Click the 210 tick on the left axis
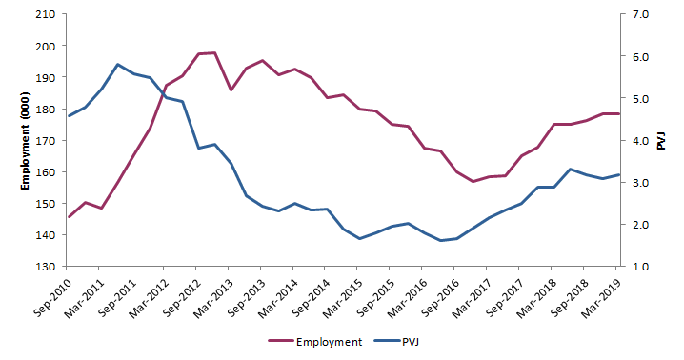tap(44, 15)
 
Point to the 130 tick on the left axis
tap(44, 267)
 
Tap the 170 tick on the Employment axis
tap(44, 141)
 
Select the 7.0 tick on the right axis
tap(637, 15)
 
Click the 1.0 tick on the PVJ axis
tap(637, 267)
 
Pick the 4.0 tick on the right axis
tap(637, 141)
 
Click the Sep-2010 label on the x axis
tap(53, 294)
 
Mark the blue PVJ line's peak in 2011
tap(117, 65)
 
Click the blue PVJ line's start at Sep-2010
tap(69, 115)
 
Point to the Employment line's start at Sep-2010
tap(69, 217)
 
